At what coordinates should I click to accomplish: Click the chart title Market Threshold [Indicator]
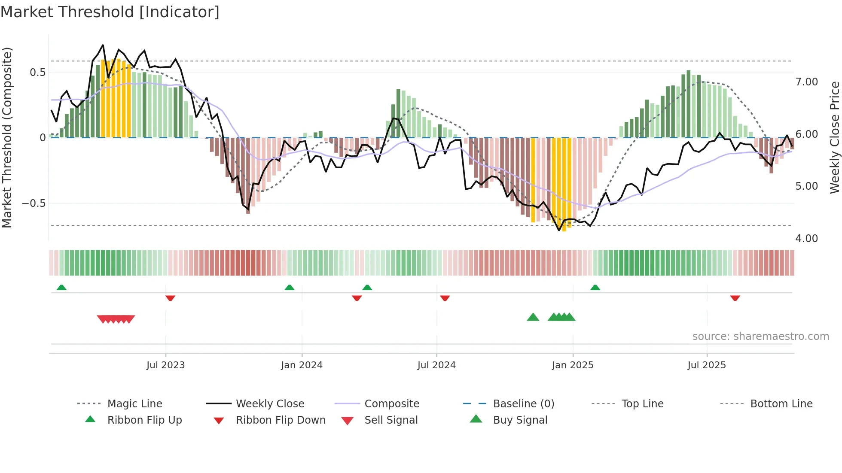pyautogui.click(x=110, y=12)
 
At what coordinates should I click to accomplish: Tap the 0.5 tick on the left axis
pyautogui.click(x=38, y=72)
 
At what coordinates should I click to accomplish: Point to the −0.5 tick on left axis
pyautogui.click(x=34, y=203)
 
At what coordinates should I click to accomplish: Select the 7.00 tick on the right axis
pyautogui.click(x=806, y=82)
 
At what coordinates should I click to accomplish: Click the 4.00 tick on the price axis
pyautogui.click(x=806, y=239)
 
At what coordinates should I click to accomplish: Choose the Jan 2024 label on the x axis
pyautogui.click(x=302, y=365)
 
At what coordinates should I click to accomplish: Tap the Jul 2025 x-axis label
pyautogui.click(x=707, y=365)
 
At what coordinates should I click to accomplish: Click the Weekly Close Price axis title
pyautogui.click(x=834, y=137)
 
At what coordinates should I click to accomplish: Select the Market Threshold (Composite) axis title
pyautogui.click(x=7, y=137)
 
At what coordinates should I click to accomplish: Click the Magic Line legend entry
pyautogui.click(x=134, y=404)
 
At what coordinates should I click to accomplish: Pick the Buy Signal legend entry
pyautogui.click(x=520, y=420)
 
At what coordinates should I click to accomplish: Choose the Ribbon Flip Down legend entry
pyautogui.click(x=281, y=420)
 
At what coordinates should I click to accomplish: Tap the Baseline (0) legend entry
pyautogui.click(x=523, y=404)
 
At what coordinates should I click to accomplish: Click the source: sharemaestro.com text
pyautogui.click(x=760, y=337)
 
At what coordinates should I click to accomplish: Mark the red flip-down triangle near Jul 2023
pyautogui.click(x=170, y=298)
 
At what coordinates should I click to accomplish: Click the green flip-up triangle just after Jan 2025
pyautogui.click(x=595, y=288)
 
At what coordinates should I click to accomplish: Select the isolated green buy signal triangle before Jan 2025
pyautogui.click(x=533, y=317)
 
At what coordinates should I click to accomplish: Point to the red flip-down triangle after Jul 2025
pyautogui.click(x=735, y=298)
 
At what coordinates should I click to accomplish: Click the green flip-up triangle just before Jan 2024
pyautogui.click(x=290, y=288)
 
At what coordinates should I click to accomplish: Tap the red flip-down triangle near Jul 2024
pyautogui.click(x=445, y=298)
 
